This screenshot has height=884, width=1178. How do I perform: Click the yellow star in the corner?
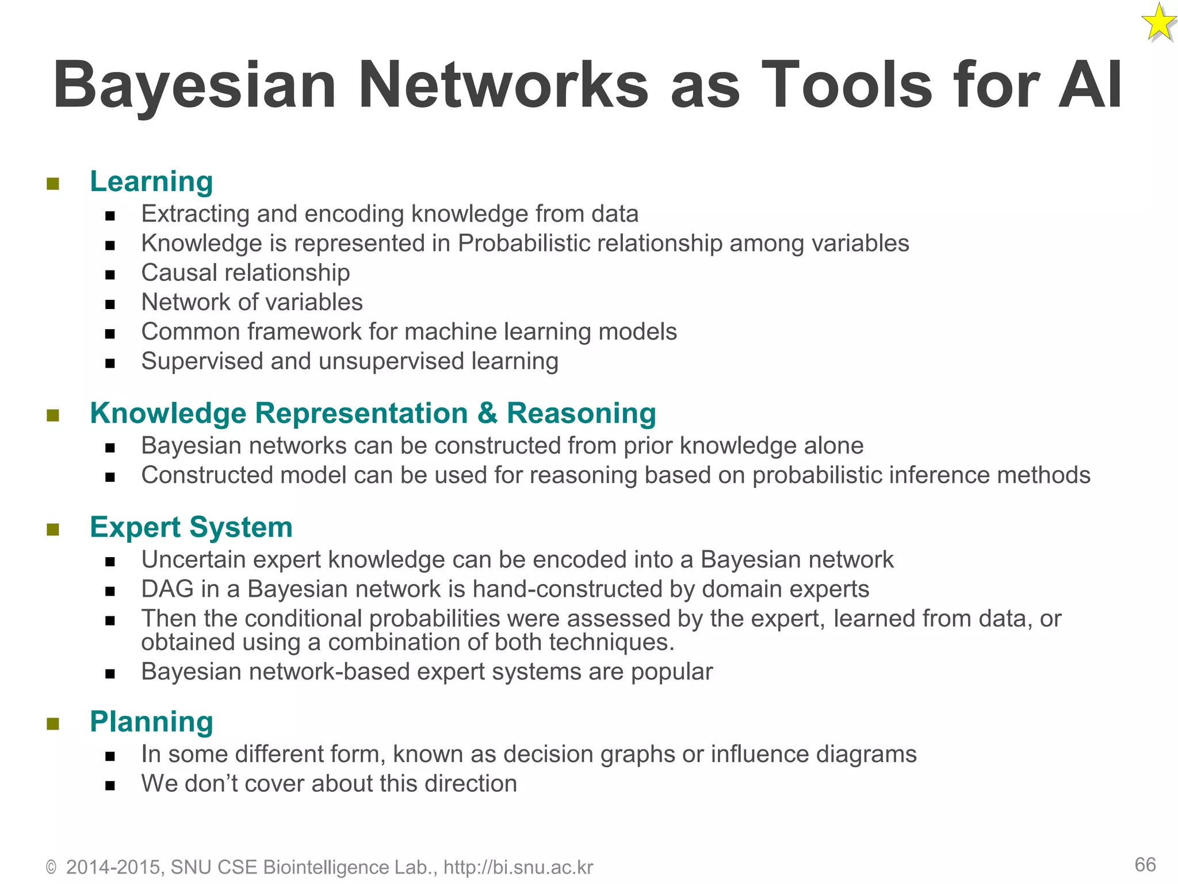(x=1158, y=23)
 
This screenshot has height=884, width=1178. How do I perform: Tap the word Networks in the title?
(x=503, y=85)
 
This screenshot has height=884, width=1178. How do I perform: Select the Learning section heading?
(x=151, y=181)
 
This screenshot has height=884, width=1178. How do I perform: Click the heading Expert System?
(x=191, y=527)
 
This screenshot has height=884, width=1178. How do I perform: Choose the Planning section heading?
(x=151, y=722)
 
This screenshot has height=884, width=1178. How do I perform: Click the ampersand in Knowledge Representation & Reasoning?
(x=487, y=413)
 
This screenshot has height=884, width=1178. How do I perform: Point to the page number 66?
(x=1145, y=864)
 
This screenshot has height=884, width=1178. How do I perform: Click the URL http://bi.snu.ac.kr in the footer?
(x=518, y=867)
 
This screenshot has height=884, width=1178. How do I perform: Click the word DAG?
(x=167, y=589)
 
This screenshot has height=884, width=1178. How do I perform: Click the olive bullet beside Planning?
(x=53, y=723)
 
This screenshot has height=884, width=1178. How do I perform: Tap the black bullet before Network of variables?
(x=110, y=304)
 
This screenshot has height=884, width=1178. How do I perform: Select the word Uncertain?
(x=193, y=560)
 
